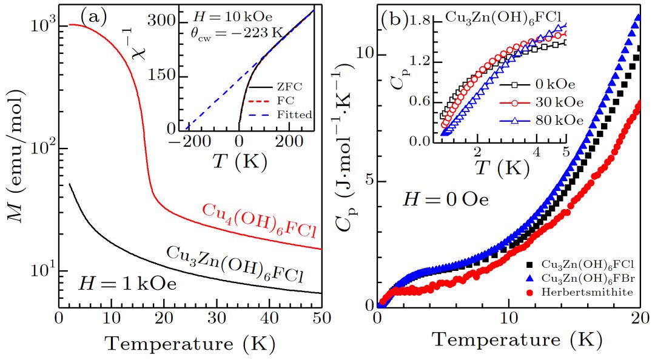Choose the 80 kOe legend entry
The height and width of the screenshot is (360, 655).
click(x=558, y=121)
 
